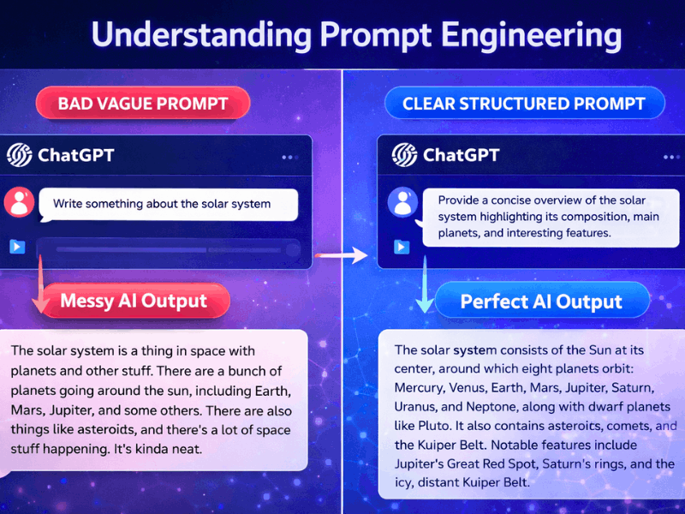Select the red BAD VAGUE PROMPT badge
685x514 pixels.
142,105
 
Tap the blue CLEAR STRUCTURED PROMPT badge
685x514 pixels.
523,105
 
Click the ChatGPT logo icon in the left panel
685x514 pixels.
19,155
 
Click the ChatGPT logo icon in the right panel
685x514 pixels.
404,155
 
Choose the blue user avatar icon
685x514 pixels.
402,203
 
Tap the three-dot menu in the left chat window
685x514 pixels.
289,157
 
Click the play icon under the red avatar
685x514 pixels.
17,247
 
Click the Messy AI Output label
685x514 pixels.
134,301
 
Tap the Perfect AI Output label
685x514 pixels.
540,302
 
